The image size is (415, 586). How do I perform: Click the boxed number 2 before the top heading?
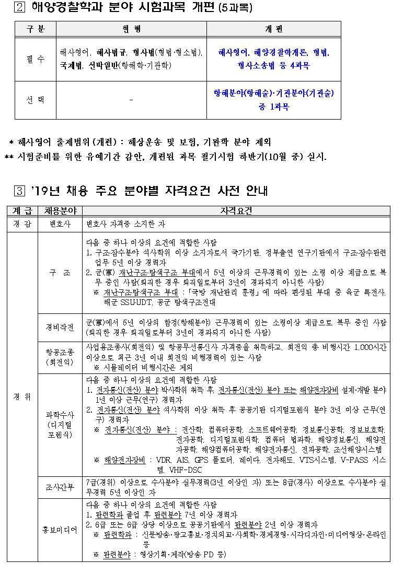coord(20,8)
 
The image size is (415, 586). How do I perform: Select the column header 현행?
coord(131,29)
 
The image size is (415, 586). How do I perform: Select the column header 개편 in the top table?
coord(273,29)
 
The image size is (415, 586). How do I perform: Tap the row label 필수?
coord(36,59)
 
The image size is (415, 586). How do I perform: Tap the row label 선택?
coord(36,100)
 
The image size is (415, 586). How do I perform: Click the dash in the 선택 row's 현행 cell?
coord(131,100)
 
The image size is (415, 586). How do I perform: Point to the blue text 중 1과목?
coord(273,107)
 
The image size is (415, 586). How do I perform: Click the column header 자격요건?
coord(236,211)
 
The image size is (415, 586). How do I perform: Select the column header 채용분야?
coord(60,211)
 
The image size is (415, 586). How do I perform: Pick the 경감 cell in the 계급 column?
coord(22,224)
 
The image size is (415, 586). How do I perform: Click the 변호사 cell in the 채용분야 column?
coord(60,224)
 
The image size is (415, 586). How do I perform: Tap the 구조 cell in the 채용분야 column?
coord(60,273)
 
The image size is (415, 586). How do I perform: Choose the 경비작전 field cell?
coord(60,328)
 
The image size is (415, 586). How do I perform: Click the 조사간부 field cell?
coord(60,487)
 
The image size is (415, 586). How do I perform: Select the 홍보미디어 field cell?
coord(60,530)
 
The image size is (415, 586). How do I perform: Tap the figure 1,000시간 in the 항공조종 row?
coord(370,347)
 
